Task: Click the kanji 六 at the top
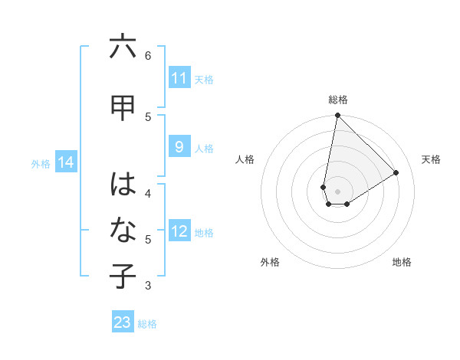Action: tap(123, 47)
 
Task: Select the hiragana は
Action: tap(123, 185)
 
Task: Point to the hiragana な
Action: tap(123, 231)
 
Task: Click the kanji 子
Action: tap(123, 277)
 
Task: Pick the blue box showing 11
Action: tap(179, 78)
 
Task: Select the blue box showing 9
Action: tap(179, 148)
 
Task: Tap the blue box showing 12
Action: tap(179, 232)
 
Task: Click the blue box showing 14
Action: tap(66, 162)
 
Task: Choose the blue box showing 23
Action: tap(123, 322)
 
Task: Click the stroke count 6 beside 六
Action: tap(148, 55)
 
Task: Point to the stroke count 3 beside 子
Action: tap(148, 286)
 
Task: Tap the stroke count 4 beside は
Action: tap(148, 193)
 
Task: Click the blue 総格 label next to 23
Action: tap(147, 324)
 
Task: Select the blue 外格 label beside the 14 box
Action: tap(41, 163)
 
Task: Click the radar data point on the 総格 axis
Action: tap(337, 116)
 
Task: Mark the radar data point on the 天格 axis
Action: tap(396, 173)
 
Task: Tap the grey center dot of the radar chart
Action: tap(337, 191)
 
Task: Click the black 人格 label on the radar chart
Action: tap(245, 159)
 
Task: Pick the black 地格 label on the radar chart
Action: tap(402, 262)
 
